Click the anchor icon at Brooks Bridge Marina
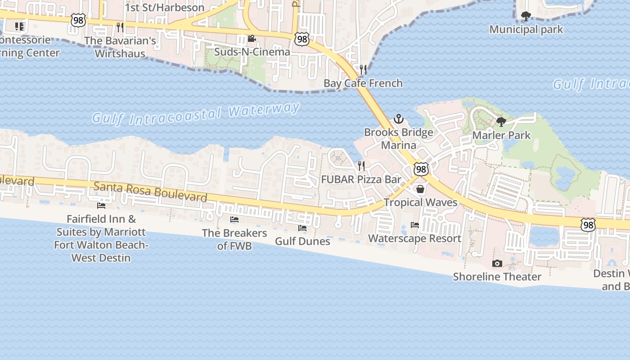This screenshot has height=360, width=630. point(399,119)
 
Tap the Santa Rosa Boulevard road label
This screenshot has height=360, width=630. point(150,192)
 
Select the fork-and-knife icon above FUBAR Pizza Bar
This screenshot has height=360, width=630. point(360,166)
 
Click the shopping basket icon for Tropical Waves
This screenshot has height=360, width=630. point(420,189)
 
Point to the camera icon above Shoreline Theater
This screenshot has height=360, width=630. point(497,263)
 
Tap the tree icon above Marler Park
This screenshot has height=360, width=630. point(501,122)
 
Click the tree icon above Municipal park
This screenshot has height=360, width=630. point(526,17)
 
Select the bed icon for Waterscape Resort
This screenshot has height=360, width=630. point(415,225)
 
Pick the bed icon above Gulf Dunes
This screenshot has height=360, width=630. point(302,228)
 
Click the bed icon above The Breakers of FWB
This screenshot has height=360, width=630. point(234,220)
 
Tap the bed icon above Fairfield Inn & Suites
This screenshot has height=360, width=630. point(101,206)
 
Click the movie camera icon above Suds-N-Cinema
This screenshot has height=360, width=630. point(252,39)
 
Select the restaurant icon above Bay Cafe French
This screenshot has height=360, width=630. point(363,70)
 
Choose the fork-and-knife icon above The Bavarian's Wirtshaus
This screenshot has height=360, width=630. point(120,27)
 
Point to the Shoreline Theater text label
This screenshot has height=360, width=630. point(497,276)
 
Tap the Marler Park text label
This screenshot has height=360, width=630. point(501,135)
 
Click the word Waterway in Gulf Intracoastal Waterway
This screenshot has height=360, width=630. point(264,110)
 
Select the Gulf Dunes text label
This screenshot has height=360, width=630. point(302,241)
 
